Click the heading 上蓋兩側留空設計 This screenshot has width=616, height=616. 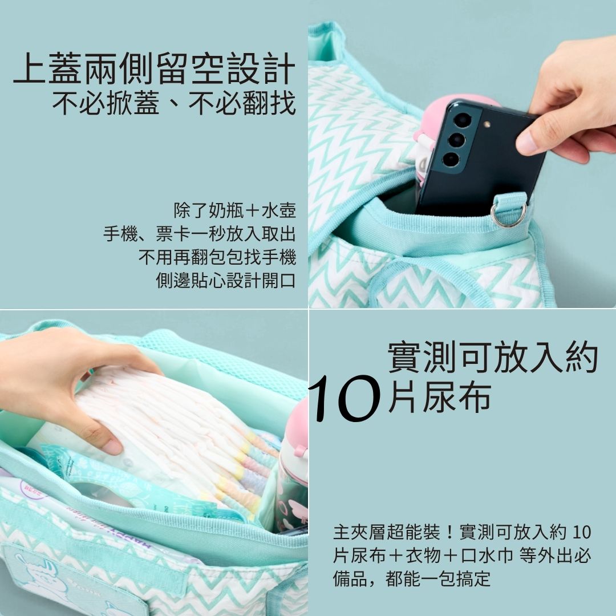155,68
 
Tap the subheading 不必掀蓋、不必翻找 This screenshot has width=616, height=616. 174,103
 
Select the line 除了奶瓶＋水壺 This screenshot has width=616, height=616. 234,210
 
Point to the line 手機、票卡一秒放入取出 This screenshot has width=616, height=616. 200,234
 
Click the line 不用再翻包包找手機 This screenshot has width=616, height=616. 217,257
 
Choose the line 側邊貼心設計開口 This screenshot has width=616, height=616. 226,280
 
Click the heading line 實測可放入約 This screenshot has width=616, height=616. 493,357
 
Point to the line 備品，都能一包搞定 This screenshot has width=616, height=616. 412,578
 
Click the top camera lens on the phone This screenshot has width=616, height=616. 463,120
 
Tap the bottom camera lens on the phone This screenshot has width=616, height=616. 451,159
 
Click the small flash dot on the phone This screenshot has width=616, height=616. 487,124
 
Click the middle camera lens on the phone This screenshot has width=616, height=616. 457,140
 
